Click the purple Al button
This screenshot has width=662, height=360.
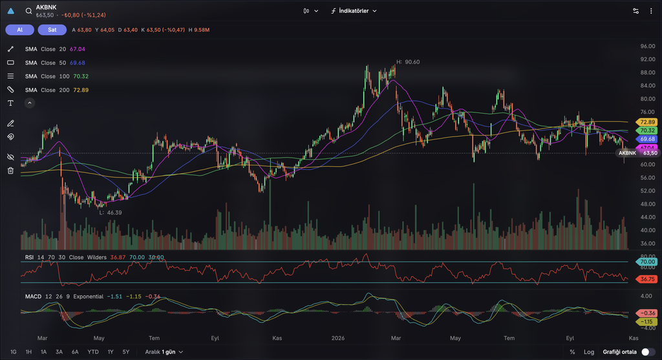20,30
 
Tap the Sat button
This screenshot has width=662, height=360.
52,30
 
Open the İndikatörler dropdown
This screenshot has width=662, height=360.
354,11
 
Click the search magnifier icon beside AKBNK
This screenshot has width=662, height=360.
28,11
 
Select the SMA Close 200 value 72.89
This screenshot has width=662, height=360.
81,90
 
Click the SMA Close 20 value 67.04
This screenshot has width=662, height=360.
78,49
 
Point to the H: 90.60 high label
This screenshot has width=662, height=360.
408,61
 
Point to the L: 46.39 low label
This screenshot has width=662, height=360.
111,213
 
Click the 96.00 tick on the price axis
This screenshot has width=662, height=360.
648,46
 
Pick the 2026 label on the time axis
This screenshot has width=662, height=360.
337,338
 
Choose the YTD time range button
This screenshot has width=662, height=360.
93,352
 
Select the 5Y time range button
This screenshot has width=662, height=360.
126,352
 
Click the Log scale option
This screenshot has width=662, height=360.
589,352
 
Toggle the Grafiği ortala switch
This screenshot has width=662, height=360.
648,352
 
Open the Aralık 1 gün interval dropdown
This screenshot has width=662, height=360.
164,352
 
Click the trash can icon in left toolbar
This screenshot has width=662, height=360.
10,171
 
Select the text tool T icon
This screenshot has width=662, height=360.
10,103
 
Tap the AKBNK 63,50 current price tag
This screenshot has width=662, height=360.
637,153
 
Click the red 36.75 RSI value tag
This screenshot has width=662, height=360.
646,279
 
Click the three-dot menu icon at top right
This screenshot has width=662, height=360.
651,11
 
